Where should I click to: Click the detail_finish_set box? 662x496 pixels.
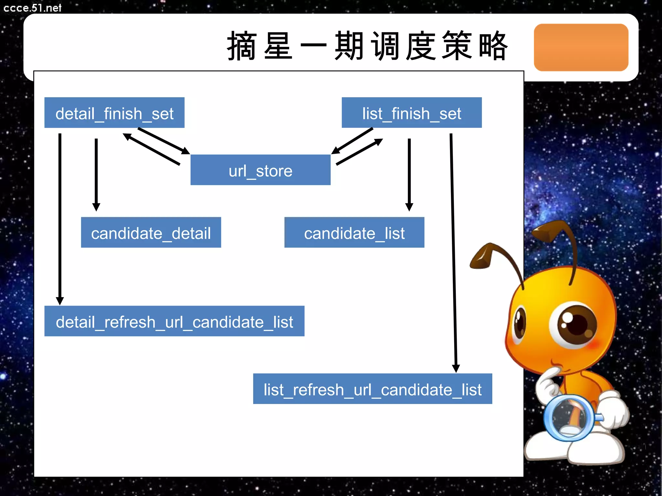(x=114, y=113)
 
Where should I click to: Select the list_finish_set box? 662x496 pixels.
(x=411, y=113)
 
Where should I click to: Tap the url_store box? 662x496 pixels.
(x=261, y=170)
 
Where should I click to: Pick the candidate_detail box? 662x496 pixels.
(x=151, y=232)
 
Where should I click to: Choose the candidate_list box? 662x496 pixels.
(x=354, y=232)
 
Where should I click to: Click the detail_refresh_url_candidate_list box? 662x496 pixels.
(x=174, y=321)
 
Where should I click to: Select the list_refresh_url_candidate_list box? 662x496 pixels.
(x=372, y=389)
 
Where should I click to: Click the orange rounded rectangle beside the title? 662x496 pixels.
(x=581, y=47)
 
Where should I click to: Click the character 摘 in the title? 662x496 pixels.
(x=242, y=46)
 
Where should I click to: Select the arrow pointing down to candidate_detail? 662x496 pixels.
(x=96, y=174)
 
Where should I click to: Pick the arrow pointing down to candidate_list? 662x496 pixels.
(x=409, y=174)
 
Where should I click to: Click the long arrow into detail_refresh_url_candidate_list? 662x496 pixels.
(x=60, y=220)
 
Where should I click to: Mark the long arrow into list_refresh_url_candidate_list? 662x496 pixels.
(x=453, y=252)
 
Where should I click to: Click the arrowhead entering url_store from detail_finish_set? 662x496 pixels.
(x=186, y=151)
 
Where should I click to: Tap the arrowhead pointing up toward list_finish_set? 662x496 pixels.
(x=379, y=141)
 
